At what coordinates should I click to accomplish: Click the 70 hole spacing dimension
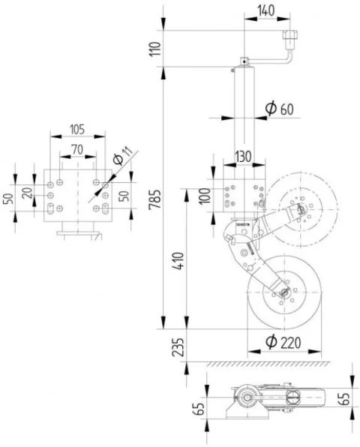point(77,149)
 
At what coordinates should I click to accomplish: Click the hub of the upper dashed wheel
point(301,206)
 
